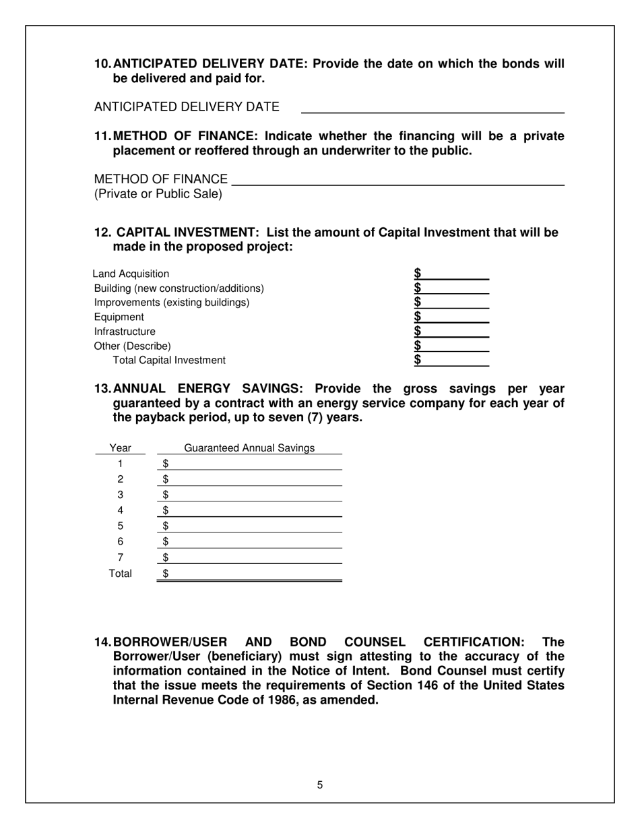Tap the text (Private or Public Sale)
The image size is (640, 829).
coord(158,194)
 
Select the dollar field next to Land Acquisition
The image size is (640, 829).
coord(455,274)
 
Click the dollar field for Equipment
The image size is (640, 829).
coord(455,317)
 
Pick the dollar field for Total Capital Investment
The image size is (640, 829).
coord(455,360)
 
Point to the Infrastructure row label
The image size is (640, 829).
coord(125,332)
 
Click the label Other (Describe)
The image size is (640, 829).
coord(133,346)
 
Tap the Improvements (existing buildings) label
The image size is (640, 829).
coord(172,303)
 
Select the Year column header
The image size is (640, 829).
coord(120,448)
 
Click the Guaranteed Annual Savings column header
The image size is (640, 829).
coord(249,448)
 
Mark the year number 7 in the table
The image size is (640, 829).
coord(120,557)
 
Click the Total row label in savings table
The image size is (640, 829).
coord(120,574)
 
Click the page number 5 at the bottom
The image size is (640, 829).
coord(320,785)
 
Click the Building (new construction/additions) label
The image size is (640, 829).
coord(179,288)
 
